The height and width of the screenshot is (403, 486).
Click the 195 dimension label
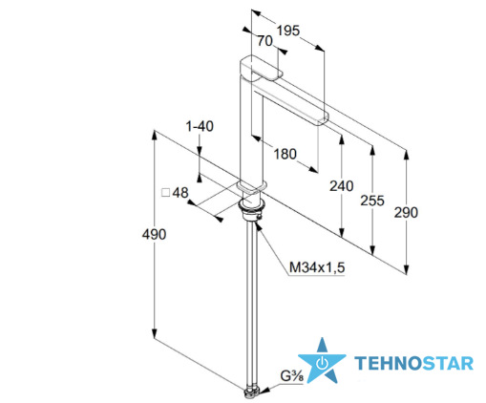pyautogui.click(x=288, y=31)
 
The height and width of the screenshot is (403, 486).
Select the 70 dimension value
pyautogui.click(x=264, y=41)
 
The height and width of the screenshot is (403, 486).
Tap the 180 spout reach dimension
pyautogui.click(x=285, y=154)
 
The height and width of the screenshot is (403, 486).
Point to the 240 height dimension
pyautogui.click(x=342, y=186)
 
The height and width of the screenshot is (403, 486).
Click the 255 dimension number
pyautogui.click(x=372, y=201)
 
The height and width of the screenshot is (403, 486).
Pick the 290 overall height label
pyautogui.click(x=406, y=212)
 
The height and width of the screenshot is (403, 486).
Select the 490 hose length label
pyautogui.click(x=154, y=235)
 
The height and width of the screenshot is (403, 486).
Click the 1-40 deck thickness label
pyautogui.click(x=200, y=126)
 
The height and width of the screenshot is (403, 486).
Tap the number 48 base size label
pyautogui.click(x=180, y=193)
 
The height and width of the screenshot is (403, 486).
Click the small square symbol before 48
pyautogui.click(x=166, y=193)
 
